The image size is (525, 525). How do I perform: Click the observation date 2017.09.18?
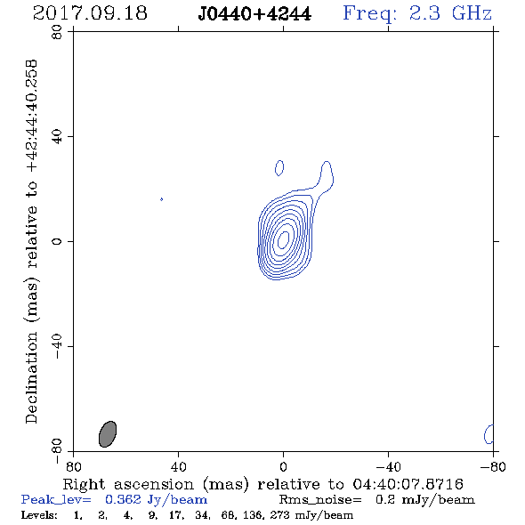[x=90, y=13]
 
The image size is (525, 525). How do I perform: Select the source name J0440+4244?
[x=254, y=14]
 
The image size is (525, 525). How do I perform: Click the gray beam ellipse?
[x=108, y=434]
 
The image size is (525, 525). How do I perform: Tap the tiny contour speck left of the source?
[x=162, y=199]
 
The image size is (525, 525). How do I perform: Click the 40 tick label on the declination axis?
[x=57, y=137]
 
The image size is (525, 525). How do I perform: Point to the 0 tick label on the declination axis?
[x=57, y=241]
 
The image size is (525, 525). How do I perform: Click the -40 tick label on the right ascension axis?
[x=388, y=466]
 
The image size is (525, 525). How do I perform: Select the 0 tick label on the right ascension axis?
[x=283, y=466]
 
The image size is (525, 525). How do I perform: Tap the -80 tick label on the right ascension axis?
[x=493, y=466]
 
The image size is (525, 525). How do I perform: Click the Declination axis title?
[x=31, y=241]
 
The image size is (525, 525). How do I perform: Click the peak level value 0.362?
[x=123, y=499]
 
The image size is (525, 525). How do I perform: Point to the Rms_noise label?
[x=320, y=500]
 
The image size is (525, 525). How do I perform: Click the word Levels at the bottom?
[x=39, y=514]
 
